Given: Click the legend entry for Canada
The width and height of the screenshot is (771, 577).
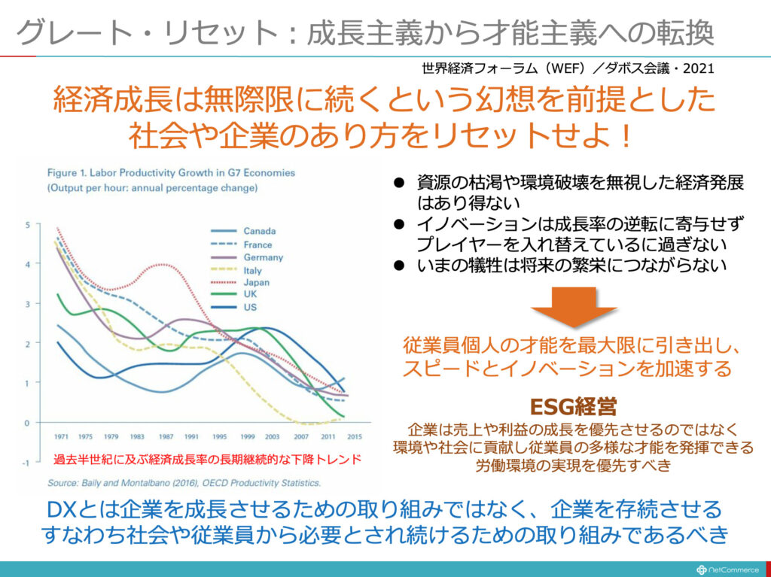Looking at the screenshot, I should click(x=259, y=231).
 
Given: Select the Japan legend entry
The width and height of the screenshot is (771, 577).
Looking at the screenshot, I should click(x=257, y=282).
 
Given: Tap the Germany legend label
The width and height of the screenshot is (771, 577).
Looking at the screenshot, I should click(x=263, y=257).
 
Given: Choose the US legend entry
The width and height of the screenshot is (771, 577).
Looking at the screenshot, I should click(x=250, y=308).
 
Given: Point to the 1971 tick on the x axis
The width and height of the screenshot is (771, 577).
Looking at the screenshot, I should click(x=62, y=436).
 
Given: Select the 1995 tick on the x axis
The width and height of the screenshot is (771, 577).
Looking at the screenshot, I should click(x=220, y=436).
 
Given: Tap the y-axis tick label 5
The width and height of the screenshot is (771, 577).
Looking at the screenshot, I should click(x=27, y=224).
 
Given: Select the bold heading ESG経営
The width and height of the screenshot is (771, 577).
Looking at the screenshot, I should click(x=574, y=407).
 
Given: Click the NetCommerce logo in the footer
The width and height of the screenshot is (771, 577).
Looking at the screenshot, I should click(x=727, y=569).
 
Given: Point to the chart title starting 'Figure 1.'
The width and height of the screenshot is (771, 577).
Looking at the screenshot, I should click(x=171, y=172).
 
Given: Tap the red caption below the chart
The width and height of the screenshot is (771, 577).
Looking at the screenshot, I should click(x=207, y=459).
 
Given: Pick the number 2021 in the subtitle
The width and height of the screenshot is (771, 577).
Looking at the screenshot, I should click(x=697, y=68).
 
